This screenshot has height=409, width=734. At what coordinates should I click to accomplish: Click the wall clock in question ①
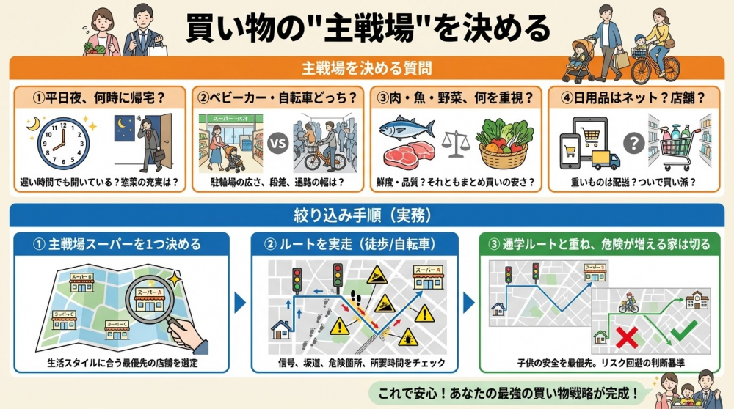click(x=62, y=144)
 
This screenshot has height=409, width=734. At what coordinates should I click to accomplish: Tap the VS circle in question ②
click(x=277, y=144)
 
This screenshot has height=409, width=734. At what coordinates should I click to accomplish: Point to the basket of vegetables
click(x=505, y=144)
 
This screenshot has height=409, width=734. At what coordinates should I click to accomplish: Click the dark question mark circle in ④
click(x=633, y=143)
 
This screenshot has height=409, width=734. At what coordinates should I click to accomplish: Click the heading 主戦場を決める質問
click(x=366, y=68)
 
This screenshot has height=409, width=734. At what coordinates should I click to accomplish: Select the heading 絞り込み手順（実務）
click(x=366, y=216)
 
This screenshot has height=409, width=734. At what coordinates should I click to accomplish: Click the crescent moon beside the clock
click(x=32, y=126)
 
